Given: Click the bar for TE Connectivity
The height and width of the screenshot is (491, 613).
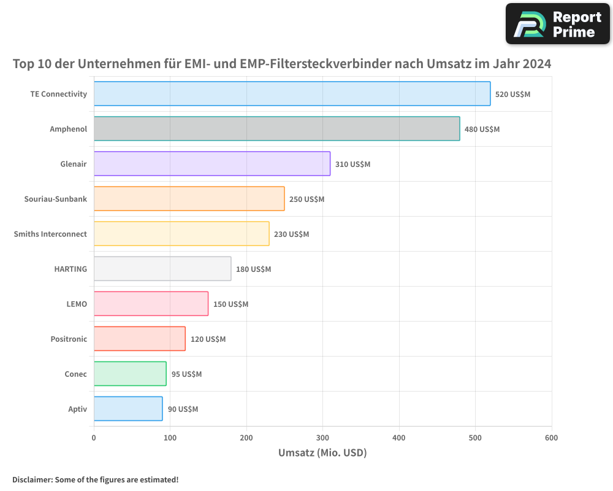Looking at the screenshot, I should [x=292, y=94].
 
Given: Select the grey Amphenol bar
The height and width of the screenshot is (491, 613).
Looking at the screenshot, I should [x=276, y=129].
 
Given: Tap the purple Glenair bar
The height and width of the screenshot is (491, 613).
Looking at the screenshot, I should [x=211, y=164].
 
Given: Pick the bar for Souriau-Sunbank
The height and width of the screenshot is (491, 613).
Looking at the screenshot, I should [x=189, y=199].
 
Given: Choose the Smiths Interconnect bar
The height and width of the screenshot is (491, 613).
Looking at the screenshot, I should [x=181, y=234].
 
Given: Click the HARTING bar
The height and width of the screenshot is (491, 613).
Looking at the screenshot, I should [x=162, y=269].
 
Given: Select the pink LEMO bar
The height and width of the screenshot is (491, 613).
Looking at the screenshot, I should [x=151, y=304].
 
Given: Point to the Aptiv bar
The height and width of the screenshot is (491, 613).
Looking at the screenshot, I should [x=128, y=409].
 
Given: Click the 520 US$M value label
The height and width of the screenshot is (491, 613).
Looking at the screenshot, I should [x=512, y=95].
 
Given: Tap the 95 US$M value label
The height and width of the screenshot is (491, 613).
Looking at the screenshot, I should [x=186, y=374].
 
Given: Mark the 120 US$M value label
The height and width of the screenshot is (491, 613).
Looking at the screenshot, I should [x=208, y=339].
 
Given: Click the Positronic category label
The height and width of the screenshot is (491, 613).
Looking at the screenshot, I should [x=69, y=339].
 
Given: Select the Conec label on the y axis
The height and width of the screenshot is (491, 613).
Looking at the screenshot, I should [x=75, y=374].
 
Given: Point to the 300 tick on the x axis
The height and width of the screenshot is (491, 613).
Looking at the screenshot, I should [x=322, y=438].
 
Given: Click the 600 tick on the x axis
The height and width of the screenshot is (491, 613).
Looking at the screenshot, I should [x=551, y=438].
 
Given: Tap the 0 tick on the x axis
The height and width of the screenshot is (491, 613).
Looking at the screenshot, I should [x=94, y=438].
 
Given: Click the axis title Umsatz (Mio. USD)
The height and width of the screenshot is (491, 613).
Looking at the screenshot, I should [x=322, y=453].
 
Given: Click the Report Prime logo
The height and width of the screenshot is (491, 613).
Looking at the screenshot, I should [x=557, y=24].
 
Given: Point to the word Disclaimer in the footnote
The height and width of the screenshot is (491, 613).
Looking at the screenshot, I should [x=31, y=479].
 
